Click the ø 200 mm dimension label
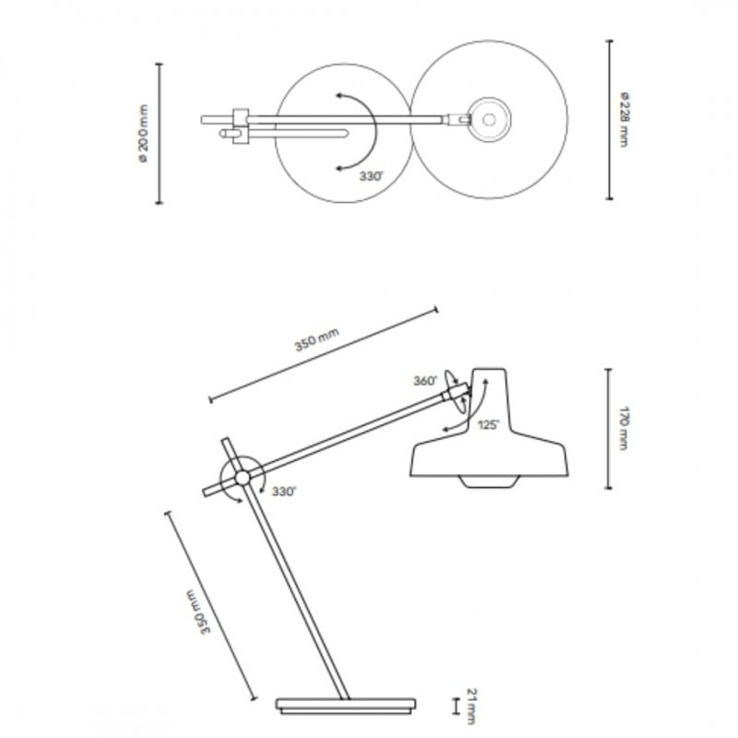point(142,135)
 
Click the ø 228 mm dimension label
point(625,120)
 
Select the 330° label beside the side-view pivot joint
point(283,493)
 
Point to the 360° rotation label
point(425,380)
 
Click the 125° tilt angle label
point(488,424)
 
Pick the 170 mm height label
point(624,429)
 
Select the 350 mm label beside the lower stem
point(196,611)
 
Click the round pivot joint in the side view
point(241,477)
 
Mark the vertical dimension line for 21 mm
point(454,706)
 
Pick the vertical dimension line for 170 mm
point(607,428)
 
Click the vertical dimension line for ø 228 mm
point(609,119)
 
